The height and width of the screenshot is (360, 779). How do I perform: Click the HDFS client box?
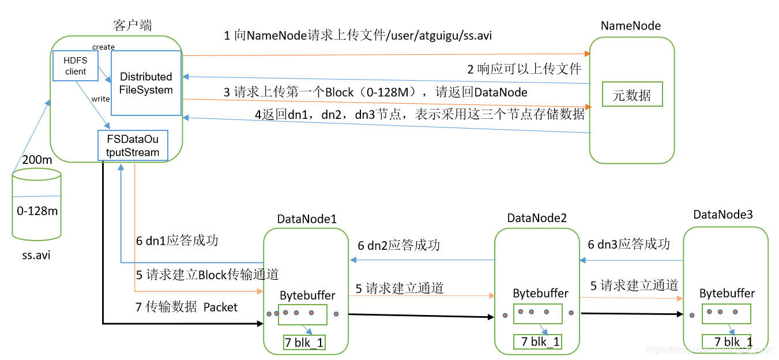75,66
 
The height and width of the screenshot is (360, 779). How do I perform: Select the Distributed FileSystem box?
146,83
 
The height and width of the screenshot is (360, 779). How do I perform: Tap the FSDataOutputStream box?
133,145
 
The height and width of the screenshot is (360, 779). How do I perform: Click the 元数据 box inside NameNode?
632,95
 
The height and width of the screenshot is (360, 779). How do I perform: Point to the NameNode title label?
631,25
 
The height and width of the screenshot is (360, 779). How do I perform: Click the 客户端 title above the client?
133,25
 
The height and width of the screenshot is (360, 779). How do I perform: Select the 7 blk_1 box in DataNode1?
304,343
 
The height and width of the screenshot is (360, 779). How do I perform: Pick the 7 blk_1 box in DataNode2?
538,342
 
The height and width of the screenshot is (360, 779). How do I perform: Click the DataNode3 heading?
723,215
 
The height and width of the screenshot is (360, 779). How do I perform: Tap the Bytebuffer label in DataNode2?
540,293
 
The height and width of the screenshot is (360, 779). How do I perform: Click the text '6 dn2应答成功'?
398,246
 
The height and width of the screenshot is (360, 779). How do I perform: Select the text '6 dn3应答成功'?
629,245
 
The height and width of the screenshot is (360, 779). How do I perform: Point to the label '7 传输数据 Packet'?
186,307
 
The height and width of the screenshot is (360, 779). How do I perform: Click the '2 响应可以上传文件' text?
524,69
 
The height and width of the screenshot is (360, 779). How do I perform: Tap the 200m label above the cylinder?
37,160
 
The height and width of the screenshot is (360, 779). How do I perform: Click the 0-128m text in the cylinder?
37,211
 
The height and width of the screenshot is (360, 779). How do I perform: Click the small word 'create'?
103,47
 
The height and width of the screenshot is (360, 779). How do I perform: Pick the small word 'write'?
100,99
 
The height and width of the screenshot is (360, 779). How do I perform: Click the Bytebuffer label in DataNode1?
307,295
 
